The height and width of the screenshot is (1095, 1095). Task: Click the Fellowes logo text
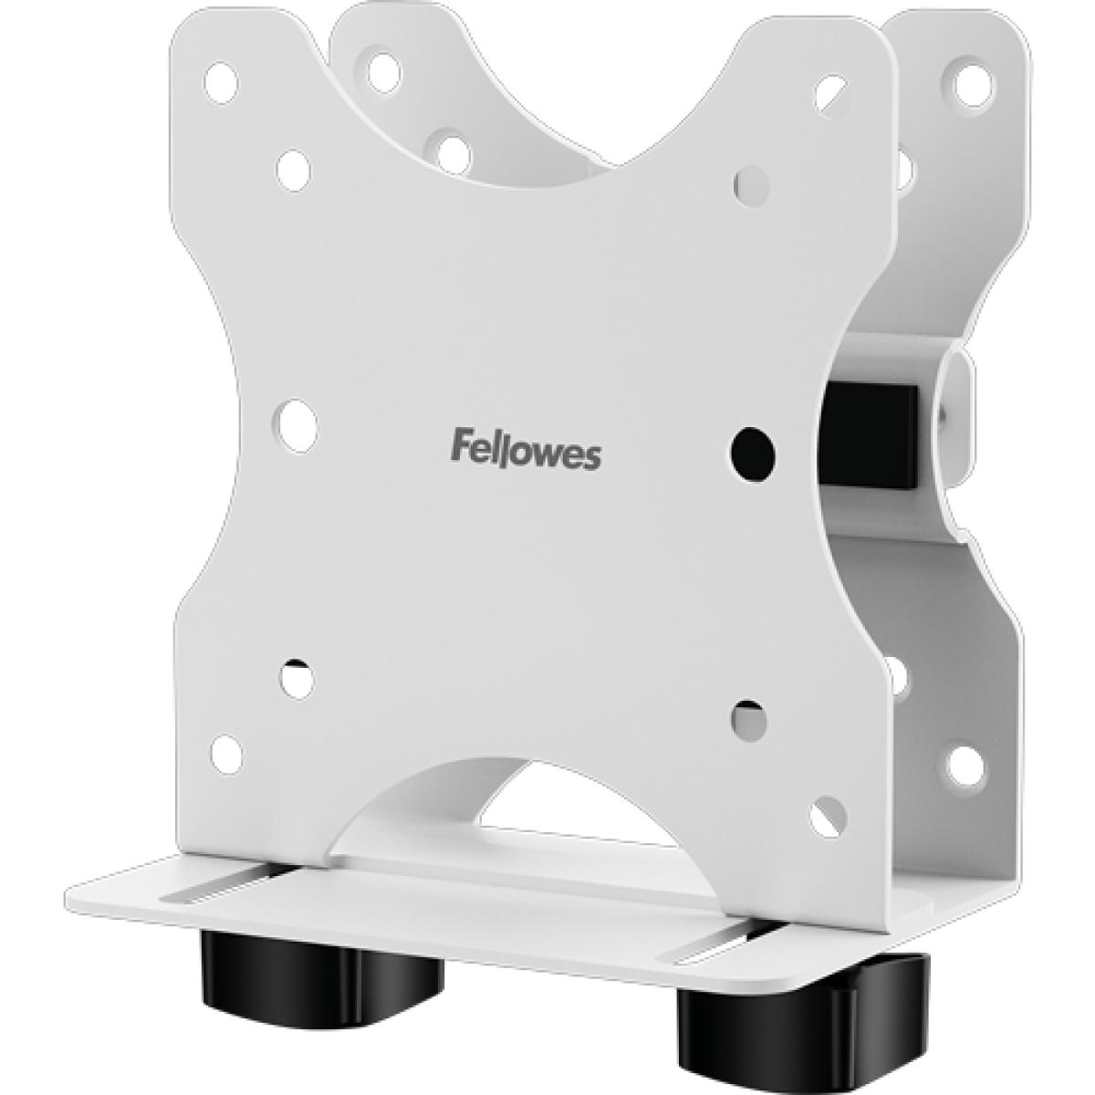pyautogui.click(x=527, y=452)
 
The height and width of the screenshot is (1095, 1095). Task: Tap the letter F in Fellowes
pyautogui.click(x=461, y=449)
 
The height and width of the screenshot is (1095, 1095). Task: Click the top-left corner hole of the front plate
pyautogui.click(x=222, y=80)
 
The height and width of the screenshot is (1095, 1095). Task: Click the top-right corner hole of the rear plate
pyautogui.click(x=965, y=82)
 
